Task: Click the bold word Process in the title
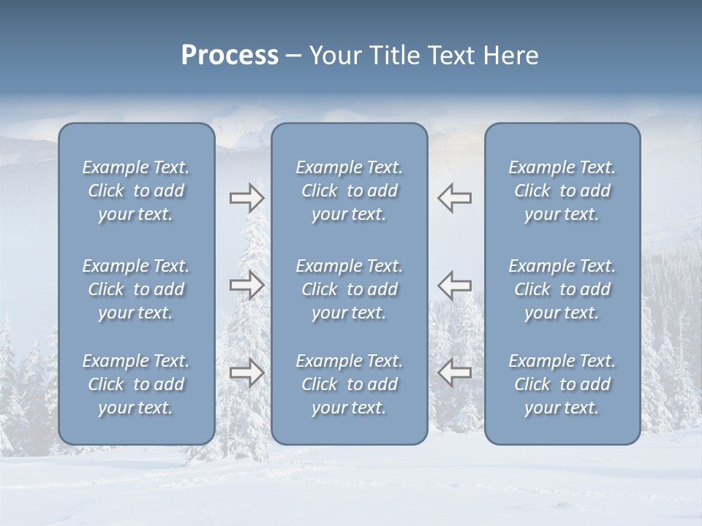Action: pos(230,56)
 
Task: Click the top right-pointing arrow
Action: pos(246,198)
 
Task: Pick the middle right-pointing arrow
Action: pos(246,285)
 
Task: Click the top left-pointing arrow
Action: pos(454,198)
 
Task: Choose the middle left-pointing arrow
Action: pos(454,285)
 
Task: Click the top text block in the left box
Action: pos(136,191)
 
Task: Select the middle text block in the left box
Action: pos(136,289)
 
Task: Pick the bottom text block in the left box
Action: pos(136,384)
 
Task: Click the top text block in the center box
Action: pos(349,191)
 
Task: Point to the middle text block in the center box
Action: pos(349,289)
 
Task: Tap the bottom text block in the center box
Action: pos(349,384)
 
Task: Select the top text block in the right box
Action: pos(562,191)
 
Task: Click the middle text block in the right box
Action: pos(562,289)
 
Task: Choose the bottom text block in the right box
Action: pos(562,384)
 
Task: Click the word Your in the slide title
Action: pos(333,56)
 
